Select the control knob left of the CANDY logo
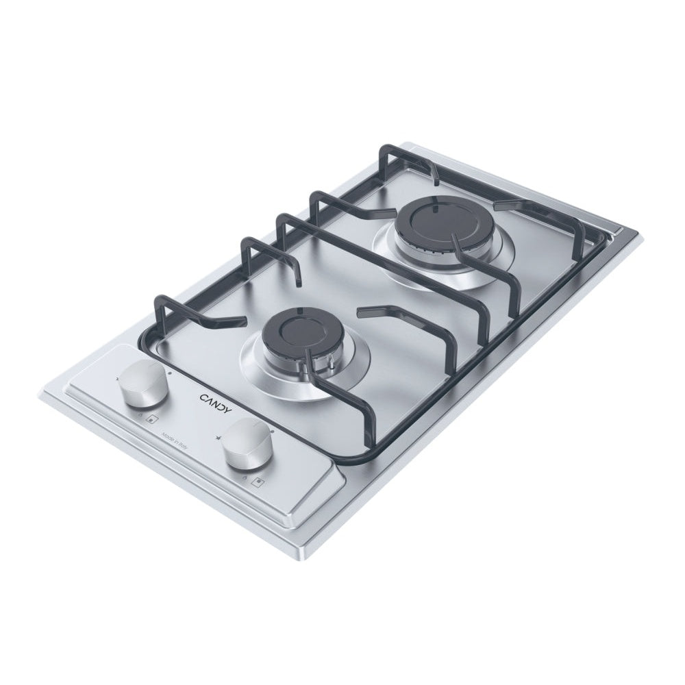[x=142, y=388]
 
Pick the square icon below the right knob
[x=257, y=481]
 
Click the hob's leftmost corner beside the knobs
[x=42, y=393]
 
